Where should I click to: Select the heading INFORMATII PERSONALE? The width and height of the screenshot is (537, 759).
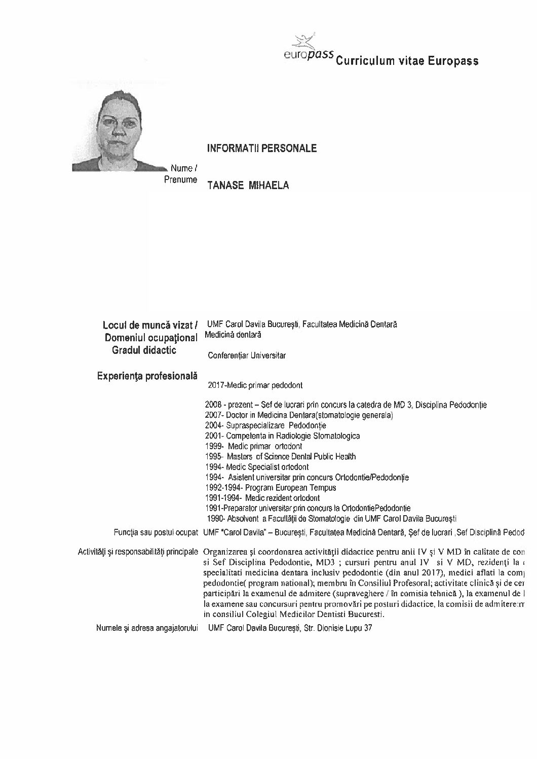tap(261, 149)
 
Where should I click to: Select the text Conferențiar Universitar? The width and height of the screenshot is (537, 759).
tap(247, 355)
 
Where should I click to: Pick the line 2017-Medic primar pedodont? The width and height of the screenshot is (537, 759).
tap(255, 385)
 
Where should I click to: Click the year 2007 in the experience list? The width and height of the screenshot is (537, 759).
tap(213, 415)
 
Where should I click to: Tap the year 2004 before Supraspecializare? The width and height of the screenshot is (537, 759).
tap(213, 425)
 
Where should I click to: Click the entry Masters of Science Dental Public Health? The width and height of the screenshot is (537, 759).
tap(292, 456)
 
